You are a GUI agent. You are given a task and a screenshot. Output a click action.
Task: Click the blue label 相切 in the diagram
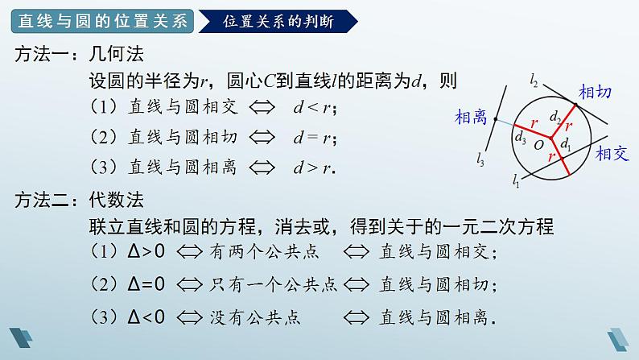coord(596,91)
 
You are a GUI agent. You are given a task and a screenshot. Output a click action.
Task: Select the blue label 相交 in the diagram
coord(612,155)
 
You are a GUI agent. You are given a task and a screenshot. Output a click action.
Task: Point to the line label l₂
coord(534,78)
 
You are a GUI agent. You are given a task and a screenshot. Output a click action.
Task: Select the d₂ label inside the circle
coord(554,118)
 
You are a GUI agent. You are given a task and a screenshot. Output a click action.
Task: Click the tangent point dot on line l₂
coord(576,104)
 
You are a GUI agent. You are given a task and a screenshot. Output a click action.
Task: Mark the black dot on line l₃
coord(496,121)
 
